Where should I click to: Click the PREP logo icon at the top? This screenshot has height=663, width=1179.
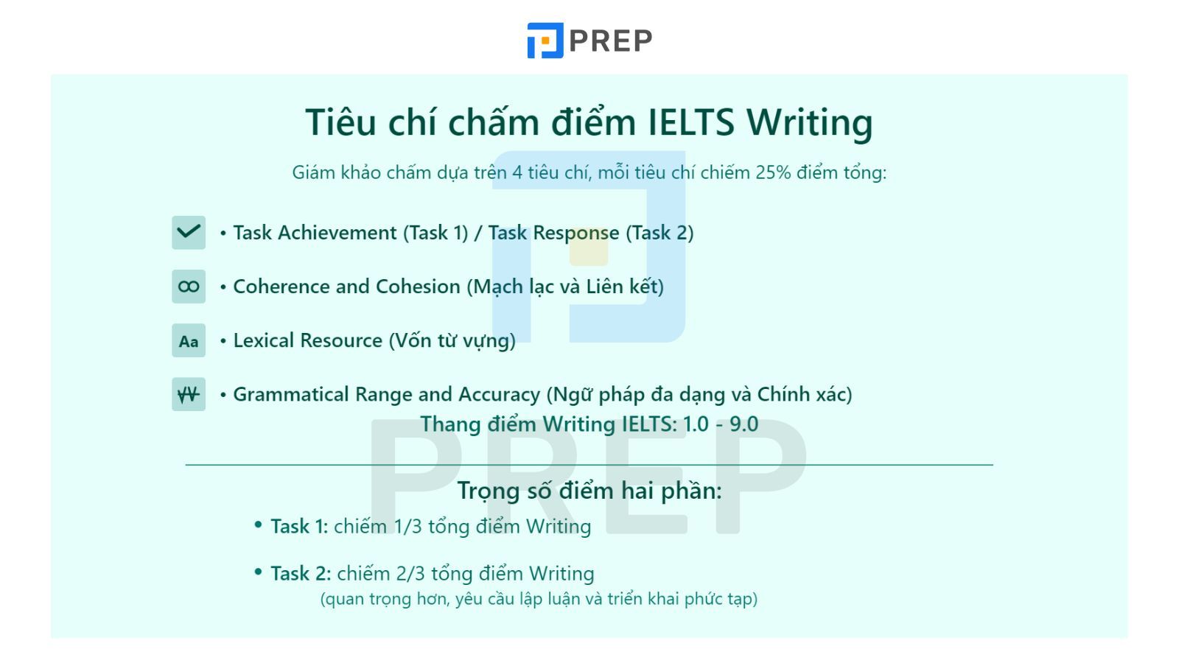coord(545,40)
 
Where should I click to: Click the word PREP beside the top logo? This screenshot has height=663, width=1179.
coord(611,41)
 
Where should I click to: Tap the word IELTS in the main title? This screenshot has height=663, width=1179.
coord(690,122)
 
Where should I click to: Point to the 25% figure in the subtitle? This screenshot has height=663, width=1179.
coord(773,172)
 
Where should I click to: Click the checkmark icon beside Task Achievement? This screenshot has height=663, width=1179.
coord(189,232)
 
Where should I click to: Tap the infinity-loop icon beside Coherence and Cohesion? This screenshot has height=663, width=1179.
coord(189,287)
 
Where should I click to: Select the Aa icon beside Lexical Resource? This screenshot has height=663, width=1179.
coord(189,340)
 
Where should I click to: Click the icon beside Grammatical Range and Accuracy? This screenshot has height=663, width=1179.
coord(189,394)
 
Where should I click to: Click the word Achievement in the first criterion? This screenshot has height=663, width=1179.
coord(337,233)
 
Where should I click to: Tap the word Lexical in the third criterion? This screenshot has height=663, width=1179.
coord(264,340)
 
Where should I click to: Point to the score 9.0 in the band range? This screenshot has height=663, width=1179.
coord(744,424)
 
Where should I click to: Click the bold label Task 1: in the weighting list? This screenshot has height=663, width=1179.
coord(299,526)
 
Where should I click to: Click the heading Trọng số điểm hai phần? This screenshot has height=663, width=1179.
coord(589,491)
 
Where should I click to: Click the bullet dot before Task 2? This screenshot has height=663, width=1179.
coord(258,572)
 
